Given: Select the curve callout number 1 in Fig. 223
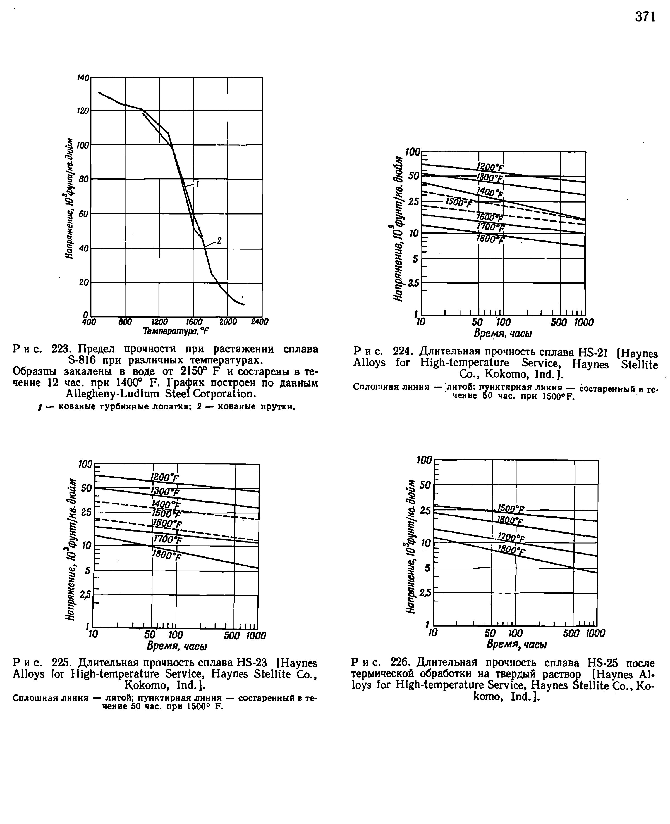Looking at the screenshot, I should [x=197, y=185].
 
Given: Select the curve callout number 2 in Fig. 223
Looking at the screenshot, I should [x=219, y=241].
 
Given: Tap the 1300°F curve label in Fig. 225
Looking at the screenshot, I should [x=165, y=491].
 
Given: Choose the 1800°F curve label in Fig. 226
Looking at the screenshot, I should [x=511, y=550].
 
